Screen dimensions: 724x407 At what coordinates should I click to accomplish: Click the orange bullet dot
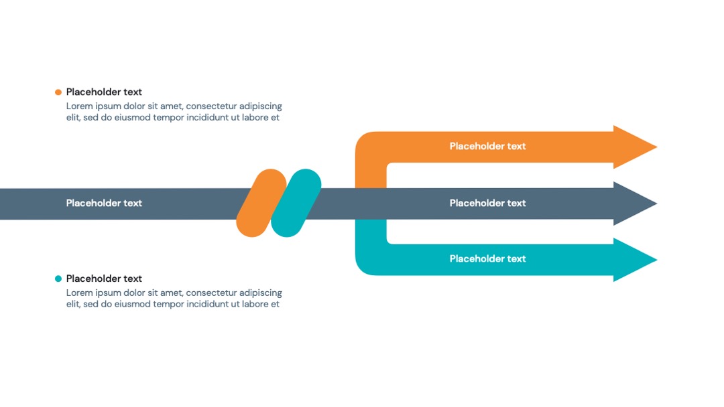click(x=58, y=92)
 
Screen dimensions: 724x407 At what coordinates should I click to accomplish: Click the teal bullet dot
click(x=58, y=278)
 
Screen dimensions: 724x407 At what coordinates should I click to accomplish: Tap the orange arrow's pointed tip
click(x=656, y=147)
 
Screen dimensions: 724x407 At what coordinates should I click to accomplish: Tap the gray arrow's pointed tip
click(x=656, y=203)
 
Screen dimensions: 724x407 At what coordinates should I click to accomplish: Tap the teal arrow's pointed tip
click(x=656, y=260)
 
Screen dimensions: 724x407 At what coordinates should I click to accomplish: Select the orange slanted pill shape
click(x=261, y=203)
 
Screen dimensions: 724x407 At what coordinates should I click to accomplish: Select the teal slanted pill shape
click(x=296, y=203)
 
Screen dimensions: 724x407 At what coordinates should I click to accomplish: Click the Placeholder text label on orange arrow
click(x=487, y=146)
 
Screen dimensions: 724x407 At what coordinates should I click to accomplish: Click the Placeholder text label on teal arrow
click(x=487, y=258)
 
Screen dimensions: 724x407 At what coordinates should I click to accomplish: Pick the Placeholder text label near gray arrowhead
click(x=487, y=203)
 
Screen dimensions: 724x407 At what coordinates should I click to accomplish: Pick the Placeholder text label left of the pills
click(x=104, y=203)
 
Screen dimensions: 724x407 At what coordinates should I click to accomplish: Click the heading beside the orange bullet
click(x=104, y=92)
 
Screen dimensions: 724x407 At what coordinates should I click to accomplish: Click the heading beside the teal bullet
click(x=104, y=278)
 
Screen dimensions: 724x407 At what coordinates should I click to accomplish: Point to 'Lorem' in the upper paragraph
click(x=79, y=106)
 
